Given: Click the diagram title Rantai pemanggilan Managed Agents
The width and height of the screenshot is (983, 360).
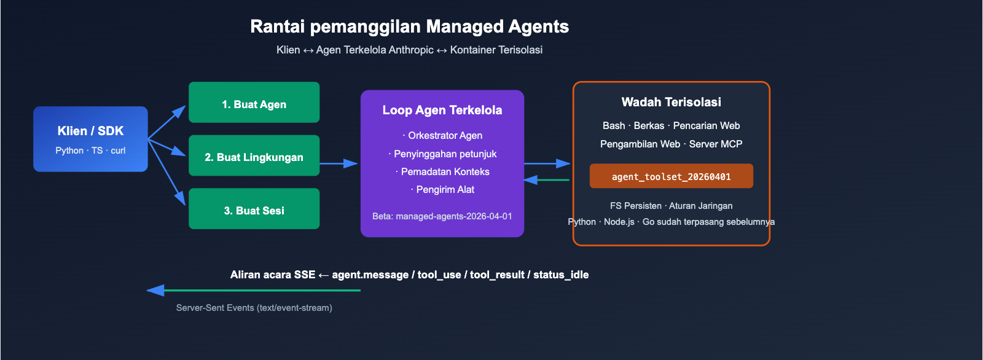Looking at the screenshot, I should point(409,26).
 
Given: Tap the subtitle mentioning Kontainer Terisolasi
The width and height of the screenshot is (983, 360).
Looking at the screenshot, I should point(409,50).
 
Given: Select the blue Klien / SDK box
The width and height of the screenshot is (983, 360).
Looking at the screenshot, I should point(90,139).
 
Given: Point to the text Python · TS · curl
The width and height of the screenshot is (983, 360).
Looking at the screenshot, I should point(90,151).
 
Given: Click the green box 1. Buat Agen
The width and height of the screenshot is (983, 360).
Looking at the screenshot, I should point(254,103).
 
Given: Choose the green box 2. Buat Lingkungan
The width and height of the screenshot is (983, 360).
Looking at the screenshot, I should point(254,156).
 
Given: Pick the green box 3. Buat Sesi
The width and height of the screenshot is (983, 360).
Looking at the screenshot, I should point(254,209).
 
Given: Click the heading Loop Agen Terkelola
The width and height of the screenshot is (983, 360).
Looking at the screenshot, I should point(442,110).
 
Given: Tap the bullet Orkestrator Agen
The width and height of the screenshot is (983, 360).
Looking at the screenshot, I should point(442,135).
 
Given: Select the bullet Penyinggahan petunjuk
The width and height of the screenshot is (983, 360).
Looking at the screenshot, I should point(442,154).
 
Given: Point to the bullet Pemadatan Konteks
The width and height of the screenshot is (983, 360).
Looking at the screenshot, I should point(442,171).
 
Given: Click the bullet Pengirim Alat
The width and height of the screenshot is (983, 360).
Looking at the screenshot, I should point(442,189).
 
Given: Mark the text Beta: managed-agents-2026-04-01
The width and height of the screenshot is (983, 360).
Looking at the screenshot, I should point(442,216).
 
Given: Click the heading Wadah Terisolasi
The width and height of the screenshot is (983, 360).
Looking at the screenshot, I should point(671,102).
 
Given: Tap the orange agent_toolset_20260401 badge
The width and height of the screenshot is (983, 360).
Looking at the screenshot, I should point(671,176).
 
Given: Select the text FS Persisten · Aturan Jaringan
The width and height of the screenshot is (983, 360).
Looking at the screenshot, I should point(671,206).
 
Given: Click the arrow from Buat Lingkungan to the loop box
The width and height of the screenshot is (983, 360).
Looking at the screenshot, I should point(339,163).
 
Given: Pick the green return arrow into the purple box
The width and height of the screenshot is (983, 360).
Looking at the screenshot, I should point(547,180).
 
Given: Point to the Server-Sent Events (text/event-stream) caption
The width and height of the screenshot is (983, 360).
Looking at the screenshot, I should point(254,308).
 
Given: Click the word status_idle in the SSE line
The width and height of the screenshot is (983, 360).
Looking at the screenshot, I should point(560,275).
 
